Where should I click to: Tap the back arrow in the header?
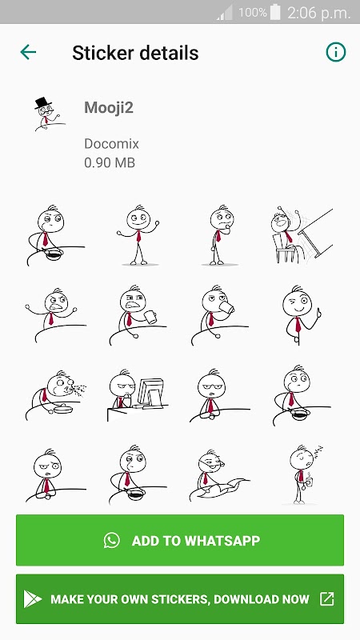[x=28, y=52]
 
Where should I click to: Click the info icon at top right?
[x=335, y=52]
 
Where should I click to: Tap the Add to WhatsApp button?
[x=180, y=540]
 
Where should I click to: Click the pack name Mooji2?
[x=109, y=108]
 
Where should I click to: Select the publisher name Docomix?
[x=111, y=144]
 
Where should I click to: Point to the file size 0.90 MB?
[x=110, y=163]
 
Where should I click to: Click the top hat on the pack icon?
[x=42, y=102]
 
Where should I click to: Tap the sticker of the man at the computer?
[x=137, y=395]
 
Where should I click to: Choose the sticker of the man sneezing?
[x=56, y=395]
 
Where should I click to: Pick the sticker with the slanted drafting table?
[x=302, y=234]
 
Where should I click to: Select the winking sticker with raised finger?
[x=302, y=315]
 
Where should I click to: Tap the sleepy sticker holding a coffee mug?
[x=304, y=474]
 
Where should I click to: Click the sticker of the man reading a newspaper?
[x=219, y=474]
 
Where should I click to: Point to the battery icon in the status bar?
[x=275, y=12]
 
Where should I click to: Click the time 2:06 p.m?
[x=318, y=13]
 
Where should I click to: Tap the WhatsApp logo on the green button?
[x=111, y=540]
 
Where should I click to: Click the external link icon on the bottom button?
[x=326, y=598]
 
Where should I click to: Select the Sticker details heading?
[x=135, y=53]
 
